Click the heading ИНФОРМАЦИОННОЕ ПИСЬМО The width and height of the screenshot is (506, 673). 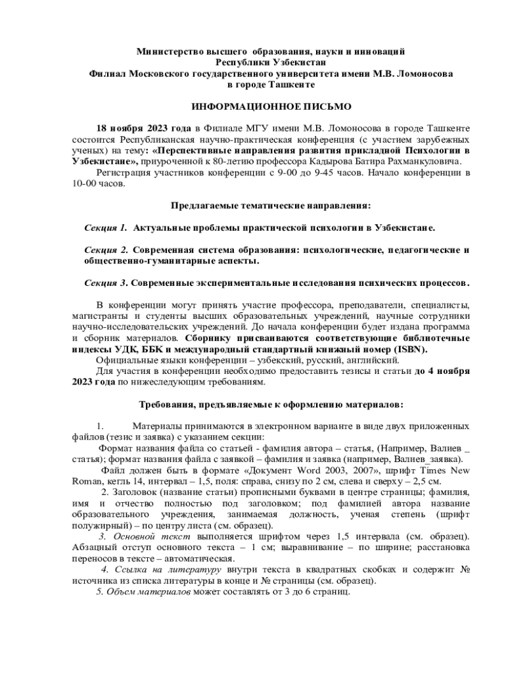pyautogui.click(x=271, y=106)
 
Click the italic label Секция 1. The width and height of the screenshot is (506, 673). pyautogui.click(x=106, y=228)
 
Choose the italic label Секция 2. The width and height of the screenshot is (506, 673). pyautogui.click(x=106, y=250)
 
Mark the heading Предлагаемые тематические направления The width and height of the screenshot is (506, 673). pyautogui.click(x=271, y=206)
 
